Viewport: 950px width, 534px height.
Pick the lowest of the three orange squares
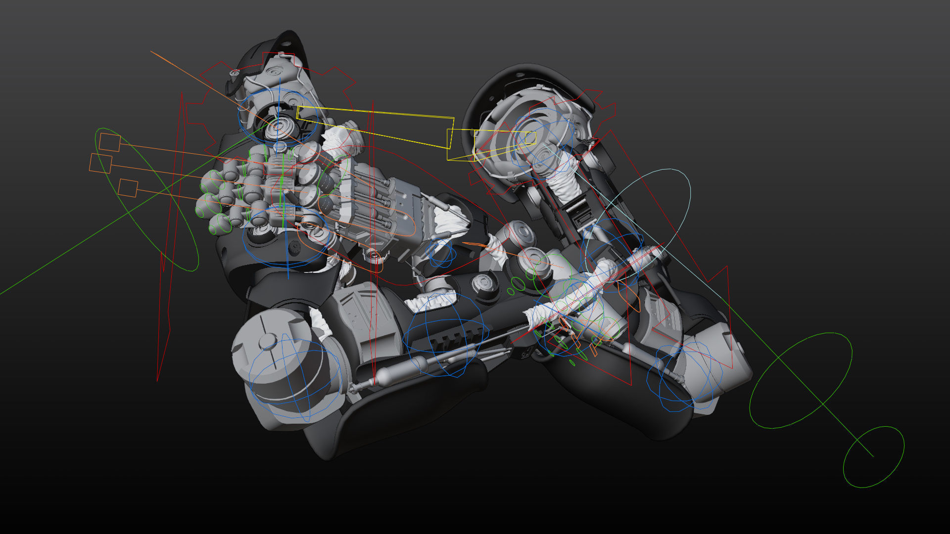click(128, 188)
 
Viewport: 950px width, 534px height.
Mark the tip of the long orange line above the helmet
click(151, 51)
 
